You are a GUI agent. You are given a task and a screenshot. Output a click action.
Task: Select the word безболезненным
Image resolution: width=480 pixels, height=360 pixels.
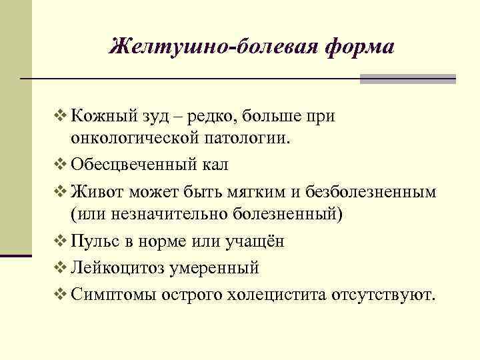pyautogui.click(x=372, y=191)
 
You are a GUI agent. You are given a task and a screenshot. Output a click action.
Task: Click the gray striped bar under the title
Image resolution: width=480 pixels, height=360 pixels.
pyautogui.click(x=407, y=79)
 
